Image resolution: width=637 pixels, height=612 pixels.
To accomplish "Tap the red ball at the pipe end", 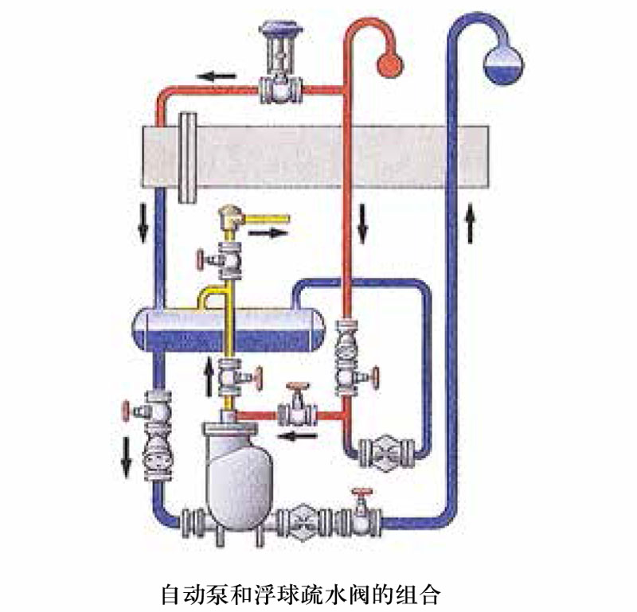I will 388,64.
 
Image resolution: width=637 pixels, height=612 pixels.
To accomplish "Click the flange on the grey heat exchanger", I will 188,157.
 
